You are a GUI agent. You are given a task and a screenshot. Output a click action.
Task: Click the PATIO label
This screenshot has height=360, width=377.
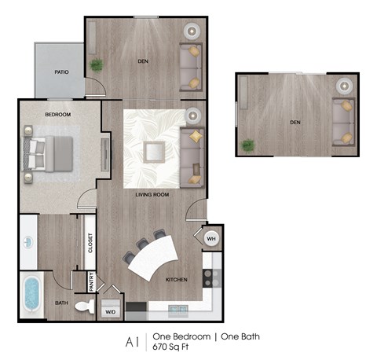click(x=59, y=71)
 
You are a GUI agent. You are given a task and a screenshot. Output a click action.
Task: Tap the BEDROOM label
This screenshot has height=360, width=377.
click(x=57, y=115)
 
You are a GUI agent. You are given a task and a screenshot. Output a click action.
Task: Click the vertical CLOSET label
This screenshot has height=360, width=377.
click(x=90, y=245)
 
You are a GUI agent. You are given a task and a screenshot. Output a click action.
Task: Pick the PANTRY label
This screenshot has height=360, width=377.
click(x=91, y=283)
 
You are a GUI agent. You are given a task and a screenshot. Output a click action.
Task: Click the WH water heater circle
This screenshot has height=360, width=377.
click(x=211, y=238)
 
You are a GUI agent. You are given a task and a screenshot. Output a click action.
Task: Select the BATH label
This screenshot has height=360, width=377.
click(x=61, y=302)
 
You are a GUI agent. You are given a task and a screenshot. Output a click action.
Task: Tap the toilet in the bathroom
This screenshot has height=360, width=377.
click(x=84, y=309)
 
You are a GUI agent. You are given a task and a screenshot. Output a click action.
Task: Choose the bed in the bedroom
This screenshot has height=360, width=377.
click(x=49, y=152)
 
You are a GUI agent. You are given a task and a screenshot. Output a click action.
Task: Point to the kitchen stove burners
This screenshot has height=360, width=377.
click(x=210, y=277)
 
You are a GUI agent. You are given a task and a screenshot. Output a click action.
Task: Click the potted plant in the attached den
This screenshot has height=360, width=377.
click(x=97, y=65)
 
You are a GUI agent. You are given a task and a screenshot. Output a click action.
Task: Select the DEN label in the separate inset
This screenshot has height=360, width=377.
click(x=295, y=122)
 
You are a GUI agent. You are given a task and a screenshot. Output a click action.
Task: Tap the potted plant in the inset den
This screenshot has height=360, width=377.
click(x=248, y=145)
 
